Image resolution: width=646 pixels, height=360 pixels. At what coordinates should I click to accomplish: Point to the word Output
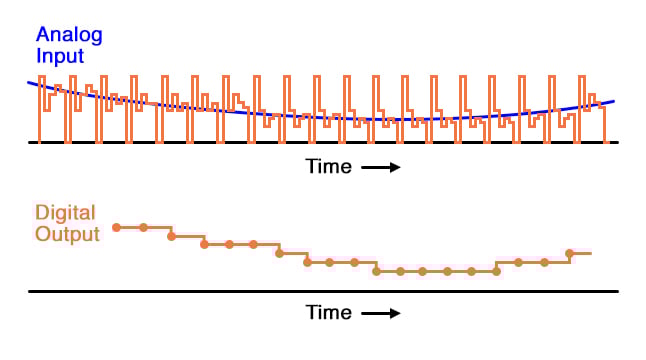tap(66, 234)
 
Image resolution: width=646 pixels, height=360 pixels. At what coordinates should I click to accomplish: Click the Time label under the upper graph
tap(329, 167)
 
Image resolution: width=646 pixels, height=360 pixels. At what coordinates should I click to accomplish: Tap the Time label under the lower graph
tap(329, 313)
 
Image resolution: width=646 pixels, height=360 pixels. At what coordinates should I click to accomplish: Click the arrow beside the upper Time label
tap(381, 168)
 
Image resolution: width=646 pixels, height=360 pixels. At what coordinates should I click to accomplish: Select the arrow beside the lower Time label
tap(381, 314)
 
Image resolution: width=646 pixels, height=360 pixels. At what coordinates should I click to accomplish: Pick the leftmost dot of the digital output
tap(117, 228)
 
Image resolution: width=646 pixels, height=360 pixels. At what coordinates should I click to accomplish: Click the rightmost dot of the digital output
tap(570, 253)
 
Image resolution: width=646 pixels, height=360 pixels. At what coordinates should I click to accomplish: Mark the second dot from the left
tap(143, 228)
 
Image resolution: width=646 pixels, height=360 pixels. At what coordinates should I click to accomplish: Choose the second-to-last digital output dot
tap(545, 262)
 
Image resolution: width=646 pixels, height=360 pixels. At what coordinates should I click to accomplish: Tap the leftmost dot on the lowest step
tap(376, 271)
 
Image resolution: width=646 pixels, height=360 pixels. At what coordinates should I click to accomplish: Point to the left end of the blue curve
tap(29, 82)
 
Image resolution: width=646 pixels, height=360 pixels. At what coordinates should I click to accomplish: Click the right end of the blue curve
tap(613, 101)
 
